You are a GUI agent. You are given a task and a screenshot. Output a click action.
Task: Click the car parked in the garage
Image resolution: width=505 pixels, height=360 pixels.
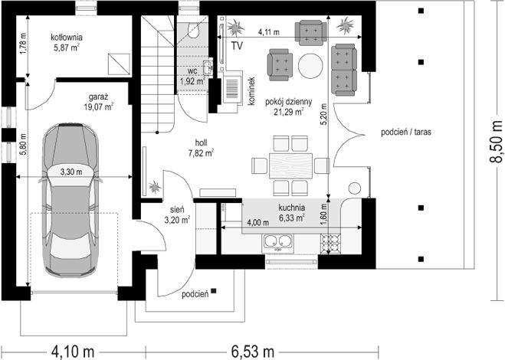pos(71,200)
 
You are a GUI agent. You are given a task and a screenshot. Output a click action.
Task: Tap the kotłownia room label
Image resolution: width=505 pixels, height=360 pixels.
pos(67,37)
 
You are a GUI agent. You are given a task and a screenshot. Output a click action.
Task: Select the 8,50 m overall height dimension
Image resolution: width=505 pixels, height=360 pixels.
pos(497,142)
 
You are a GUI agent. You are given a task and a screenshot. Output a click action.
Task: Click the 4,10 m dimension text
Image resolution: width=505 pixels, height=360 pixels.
pos(73,352)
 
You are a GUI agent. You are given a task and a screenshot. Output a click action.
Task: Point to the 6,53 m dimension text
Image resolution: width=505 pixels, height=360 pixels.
pos(253,352)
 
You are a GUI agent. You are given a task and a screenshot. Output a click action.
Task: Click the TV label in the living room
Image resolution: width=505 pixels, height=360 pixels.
pos(237,46)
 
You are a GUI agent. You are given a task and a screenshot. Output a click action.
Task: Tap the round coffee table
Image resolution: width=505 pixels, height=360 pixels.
pos(310,66)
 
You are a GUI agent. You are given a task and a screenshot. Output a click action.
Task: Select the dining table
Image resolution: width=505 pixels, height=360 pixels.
pos(291,166)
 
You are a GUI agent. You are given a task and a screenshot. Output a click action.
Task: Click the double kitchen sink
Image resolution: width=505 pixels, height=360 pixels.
pos(279,241)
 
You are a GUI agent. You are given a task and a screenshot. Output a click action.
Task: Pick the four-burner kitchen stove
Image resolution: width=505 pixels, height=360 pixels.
pos(330,244)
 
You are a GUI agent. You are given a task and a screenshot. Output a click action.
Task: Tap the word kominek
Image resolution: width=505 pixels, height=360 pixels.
pos(251,91)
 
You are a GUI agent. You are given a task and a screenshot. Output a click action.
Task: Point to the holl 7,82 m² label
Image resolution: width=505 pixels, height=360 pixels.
pos(202,148)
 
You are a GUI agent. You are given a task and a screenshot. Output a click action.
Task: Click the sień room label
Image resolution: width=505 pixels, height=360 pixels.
pos(177,210)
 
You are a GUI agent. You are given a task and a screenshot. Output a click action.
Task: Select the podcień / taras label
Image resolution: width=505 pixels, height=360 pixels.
pos(406,132)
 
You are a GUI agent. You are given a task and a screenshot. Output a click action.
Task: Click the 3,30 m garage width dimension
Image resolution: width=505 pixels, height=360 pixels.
pos(71,172)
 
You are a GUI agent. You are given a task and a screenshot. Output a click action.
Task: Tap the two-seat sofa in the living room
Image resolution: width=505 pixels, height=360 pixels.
pos(344,70)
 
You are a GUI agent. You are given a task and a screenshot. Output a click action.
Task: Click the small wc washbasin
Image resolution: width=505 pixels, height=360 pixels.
pos(208,67)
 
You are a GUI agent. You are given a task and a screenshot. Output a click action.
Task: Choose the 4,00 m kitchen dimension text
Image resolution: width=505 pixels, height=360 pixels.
pos(258,222)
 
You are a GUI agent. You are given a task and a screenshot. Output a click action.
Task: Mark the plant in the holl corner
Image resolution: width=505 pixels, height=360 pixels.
pos(155,187)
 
